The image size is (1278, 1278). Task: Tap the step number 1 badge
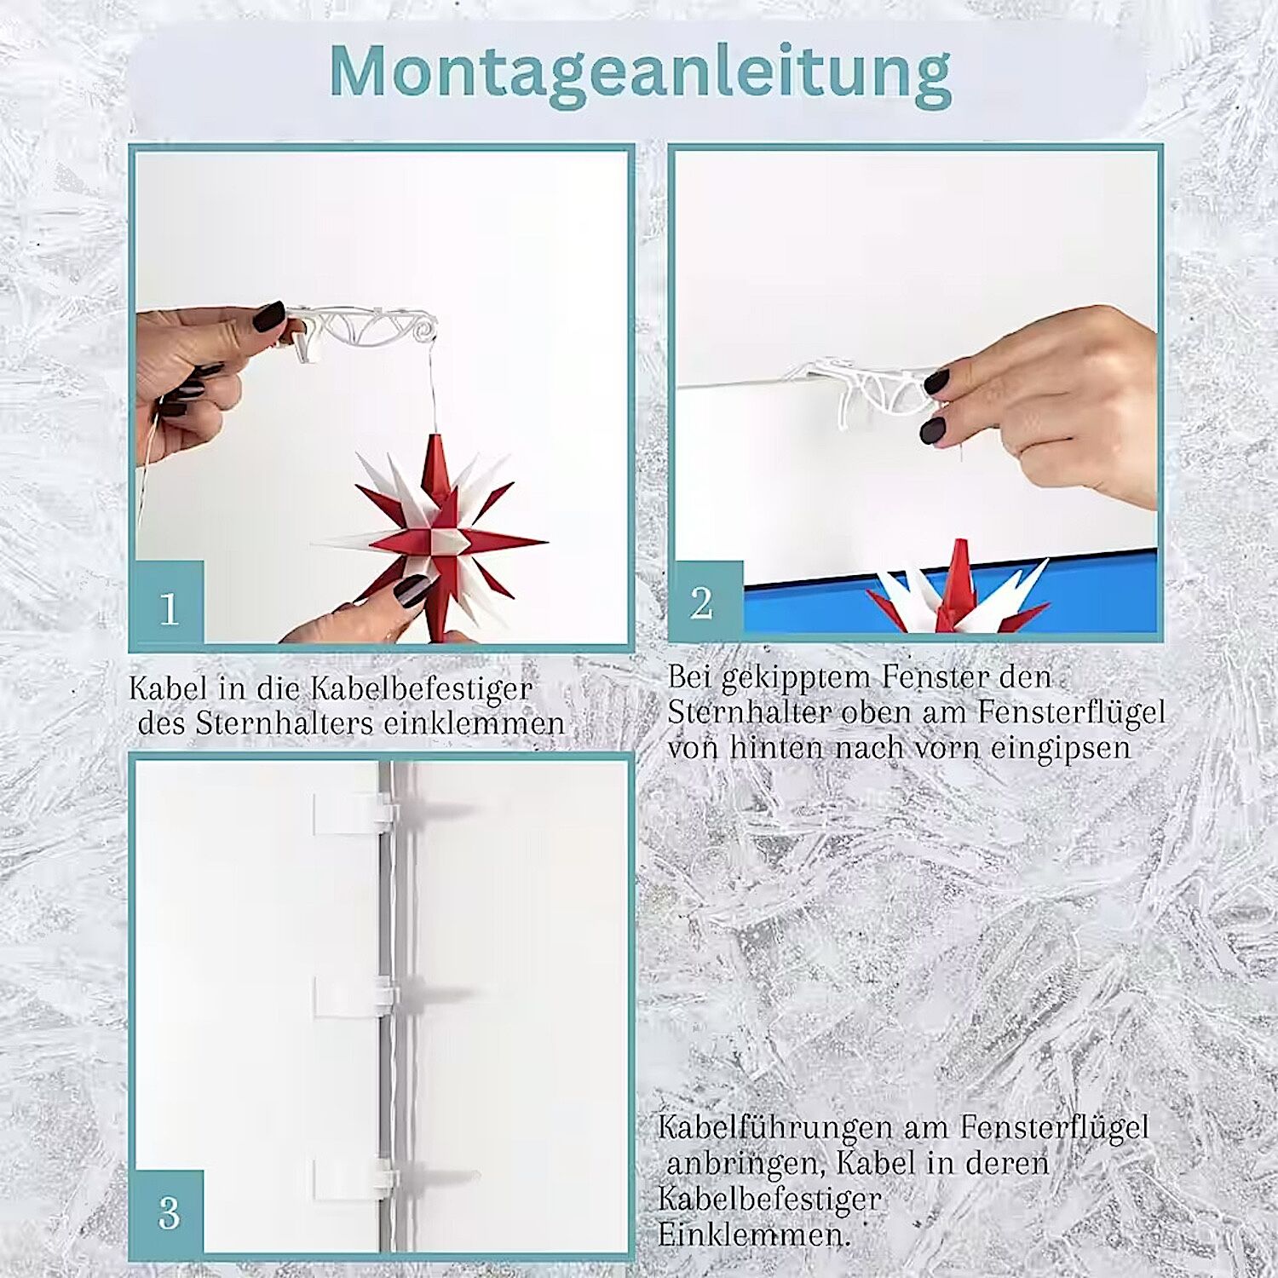[169, 602]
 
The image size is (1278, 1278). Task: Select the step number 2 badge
[707, 600]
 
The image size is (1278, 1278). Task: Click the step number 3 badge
[169, 1211]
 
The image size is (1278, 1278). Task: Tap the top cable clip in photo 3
[354, 813]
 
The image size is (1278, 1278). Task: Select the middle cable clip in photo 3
[354, 996]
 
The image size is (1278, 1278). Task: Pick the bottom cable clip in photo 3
[354, 1180]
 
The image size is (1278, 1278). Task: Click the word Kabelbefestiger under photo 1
[421, 688]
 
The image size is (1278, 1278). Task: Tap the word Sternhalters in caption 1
[285, 723]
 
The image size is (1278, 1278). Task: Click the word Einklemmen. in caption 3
[754, 1235]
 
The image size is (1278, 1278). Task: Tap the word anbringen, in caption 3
[743, 1164]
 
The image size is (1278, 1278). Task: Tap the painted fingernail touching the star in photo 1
[412, 590]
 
